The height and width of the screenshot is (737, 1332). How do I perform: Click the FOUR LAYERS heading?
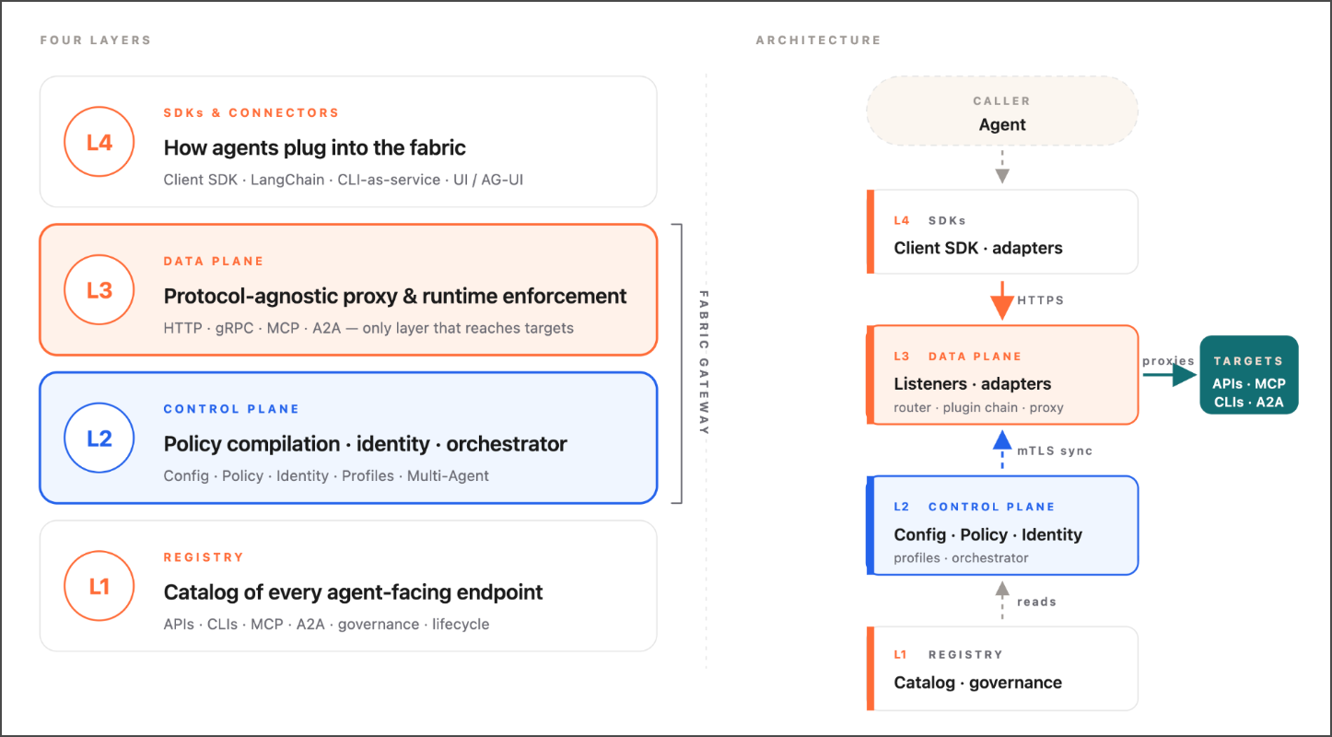96,40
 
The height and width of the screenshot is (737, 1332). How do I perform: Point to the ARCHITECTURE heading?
818,40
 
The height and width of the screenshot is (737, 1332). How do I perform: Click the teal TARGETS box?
1249,375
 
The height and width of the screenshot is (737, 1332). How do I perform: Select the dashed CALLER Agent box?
1002,111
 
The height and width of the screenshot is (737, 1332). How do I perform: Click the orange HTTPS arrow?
1002,300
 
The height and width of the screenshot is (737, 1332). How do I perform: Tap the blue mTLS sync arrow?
1002,450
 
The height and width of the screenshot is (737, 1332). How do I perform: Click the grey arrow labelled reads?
1002,601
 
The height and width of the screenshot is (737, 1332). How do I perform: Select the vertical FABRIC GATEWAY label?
704,362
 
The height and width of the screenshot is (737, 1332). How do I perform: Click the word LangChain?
287,180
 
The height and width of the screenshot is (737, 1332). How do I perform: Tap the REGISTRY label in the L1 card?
204,557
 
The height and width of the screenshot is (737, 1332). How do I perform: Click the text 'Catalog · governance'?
977,683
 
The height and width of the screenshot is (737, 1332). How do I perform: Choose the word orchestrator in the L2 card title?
507,444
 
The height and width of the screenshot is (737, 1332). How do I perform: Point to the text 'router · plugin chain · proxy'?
978,407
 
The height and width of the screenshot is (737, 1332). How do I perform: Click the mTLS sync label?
1055,450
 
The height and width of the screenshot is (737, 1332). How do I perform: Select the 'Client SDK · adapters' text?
978,248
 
